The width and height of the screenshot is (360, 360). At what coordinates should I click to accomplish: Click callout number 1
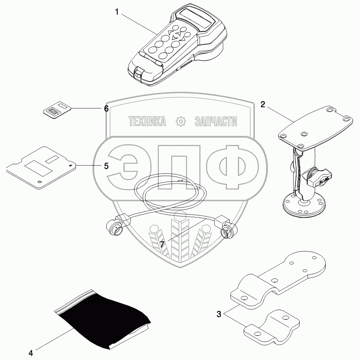click(x=116, y=12)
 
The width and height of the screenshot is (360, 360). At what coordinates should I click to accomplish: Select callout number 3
click(x=219, y=314)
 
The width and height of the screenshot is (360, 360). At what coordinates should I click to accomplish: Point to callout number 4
click(x=31, y=352)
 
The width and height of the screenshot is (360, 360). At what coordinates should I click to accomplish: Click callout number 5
click(x=106, y=166)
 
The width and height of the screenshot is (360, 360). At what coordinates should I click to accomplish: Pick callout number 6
click(x=106, y=108)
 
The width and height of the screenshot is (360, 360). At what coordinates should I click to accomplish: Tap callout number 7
click(x=162, y=244)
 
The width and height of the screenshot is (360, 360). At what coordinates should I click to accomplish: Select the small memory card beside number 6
click(x=56, y=109)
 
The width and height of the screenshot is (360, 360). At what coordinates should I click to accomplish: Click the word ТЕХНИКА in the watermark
click(x=148, y=122)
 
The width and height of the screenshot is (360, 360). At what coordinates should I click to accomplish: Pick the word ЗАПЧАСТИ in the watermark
click(x=216, y=122)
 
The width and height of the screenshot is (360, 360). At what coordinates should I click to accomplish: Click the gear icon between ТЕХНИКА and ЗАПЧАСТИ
click(x=180, y=122)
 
